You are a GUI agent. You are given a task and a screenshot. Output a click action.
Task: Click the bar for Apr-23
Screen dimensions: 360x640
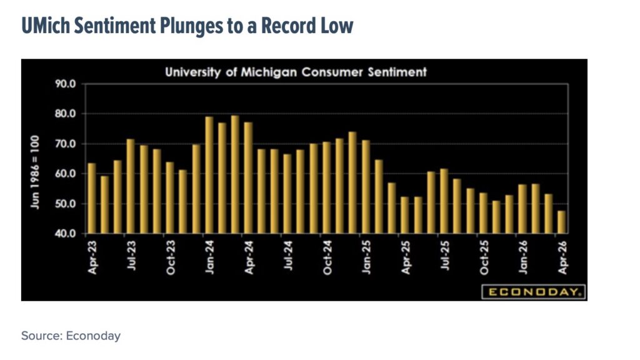[x=92, y=198]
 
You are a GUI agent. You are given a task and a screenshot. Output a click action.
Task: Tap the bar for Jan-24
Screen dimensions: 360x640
[x=209, y=175]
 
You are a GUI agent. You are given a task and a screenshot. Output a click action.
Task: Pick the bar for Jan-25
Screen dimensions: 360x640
[x=366, y=187]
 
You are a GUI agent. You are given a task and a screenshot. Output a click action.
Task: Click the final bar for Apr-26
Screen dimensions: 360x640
[x=561, y=222]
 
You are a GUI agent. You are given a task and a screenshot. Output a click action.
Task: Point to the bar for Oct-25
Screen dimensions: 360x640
[x=483, y=213]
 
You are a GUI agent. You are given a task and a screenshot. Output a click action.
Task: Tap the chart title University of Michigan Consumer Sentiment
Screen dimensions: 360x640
[x=296, y=72]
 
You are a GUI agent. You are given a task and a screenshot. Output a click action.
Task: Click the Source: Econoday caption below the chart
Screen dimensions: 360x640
[x=71, y=336]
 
